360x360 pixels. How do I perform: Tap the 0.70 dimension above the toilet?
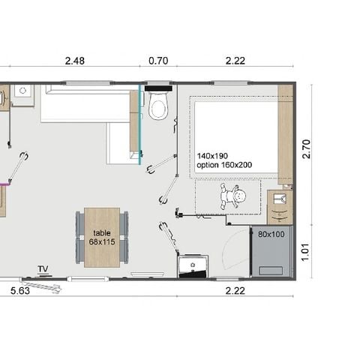[x=157, y=61]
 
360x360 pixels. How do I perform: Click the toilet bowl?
[x=157, y=109]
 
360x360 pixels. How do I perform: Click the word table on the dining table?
[x=102, y=233]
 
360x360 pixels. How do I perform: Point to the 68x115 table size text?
[x=102, y=241]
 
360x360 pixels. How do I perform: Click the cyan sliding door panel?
[x=140, y=124]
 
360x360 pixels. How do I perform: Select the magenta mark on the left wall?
[x=2, y=181]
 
